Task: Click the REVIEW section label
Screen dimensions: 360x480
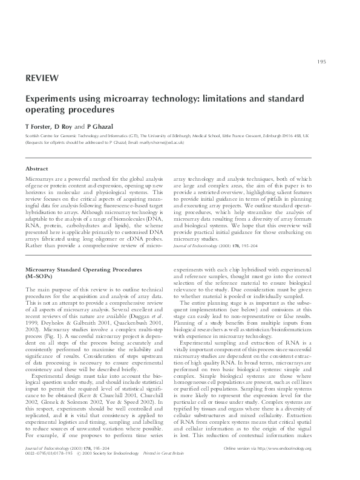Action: pyautogui.click(x=42, y=78)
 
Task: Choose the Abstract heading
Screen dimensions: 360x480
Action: pyautogui.click(x=38, y=168)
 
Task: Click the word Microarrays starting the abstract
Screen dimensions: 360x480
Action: pyautogui.click(x=39, y=180)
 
